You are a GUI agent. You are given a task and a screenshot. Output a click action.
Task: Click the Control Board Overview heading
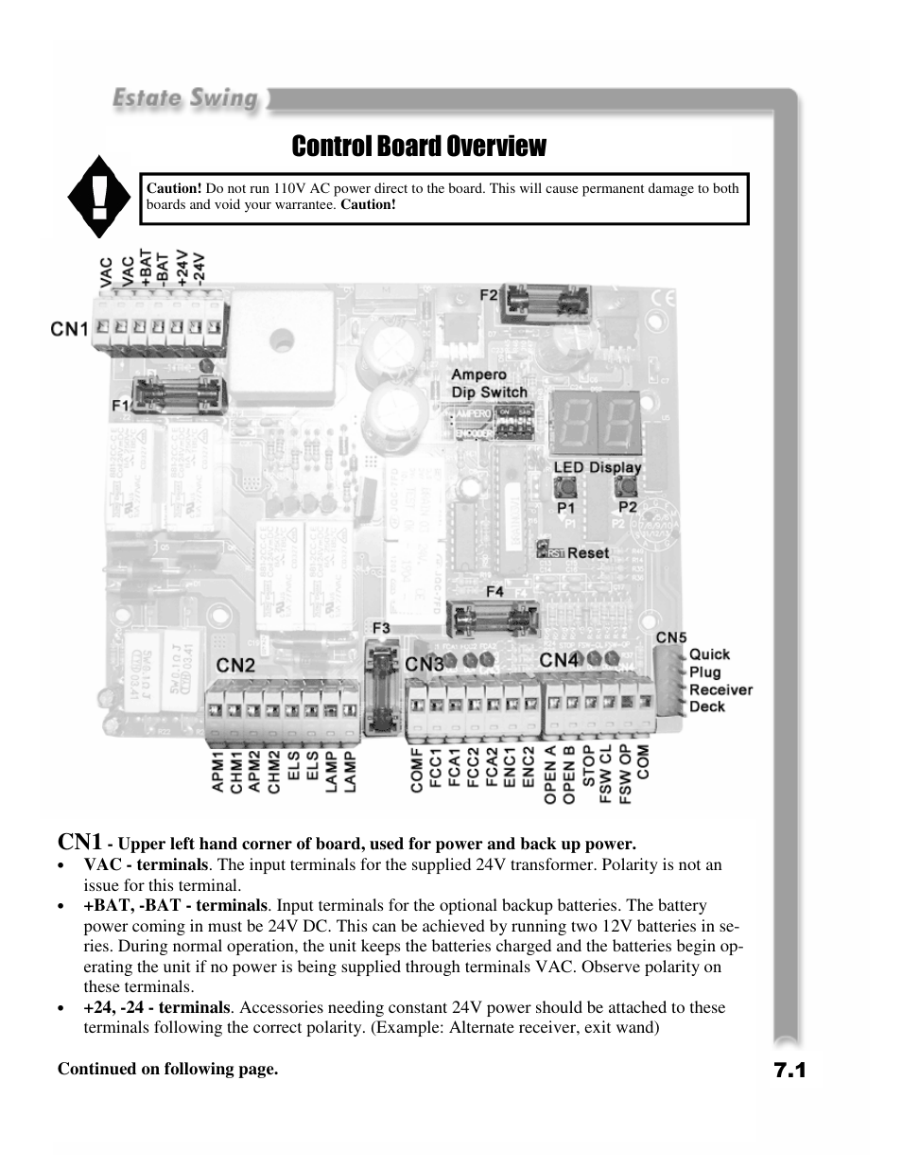pos(419,147)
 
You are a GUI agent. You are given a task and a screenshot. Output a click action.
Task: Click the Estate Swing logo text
pos(186,98)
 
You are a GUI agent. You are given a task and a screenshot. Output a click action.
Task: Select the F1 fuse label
pos(120,404)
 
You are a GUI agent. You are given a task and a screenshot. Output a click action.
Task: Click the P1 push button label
pos(565,508)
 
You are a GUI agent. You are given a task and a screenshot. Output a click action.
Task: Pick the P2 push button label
pos(627,507)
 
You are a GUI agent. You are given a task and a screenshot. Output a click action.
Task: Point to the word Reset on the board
pos(588,552)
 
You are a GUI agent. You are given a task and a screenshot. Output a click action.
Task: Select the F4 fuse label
pos(494,592)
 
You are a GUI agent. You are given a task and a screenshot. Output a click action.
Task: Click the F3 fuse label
pos(381,627)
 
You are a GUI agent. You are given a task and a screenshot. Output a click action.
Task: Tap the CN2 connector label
pos(235,666)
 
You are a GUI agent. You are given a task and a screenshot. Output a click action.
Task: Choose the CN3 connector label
pos(425,665)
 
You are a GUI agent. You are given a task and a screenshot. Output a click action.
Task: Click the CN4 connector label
pos(560,659)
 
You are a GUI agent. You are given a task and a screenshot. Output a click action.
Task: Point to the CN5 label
pos(671,637)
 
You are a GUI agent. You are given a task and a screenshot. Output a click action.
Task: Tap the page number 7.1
pos(789,1070)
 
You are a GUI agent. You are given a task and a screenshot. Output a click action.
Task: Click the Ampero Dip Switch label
pos(489,383)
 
